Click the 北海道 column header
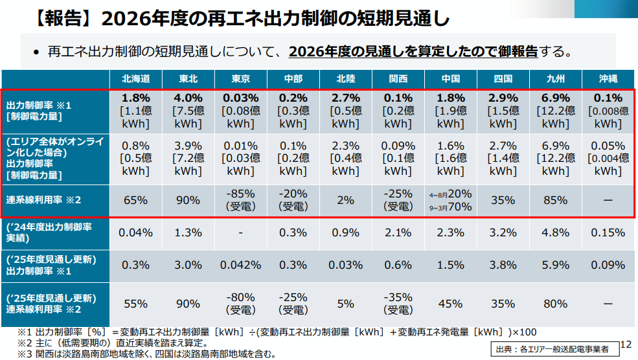click(x=136, y=79)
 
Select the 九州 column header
click(x=555, y=79)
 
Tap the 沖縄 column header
click(x=608, y=79)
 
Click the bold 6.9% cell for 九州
click(x=555, y=98)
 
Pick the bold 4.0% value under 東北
click(x=188, y=98)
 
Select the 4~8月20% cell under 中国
click(x=450, y=194)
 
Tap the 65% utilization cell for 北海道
click(x=136, y=200)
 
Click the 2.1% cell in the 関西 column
click(x=398, y=232)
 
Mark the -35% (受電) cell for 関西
click(x=398, y=303)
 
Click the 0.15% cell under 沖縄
click(x=608, y=232)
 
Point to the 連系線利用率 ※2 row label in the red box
click(x=43, y=200)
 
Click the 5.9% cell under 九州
click(x=555, y=265)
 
